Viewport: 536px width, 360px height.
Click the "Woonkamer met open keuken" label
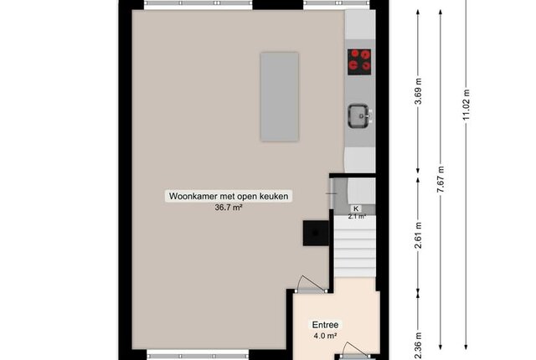click(x=229, y=197)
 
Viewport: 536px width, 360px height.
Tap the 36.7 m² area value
click(x=229, y=208)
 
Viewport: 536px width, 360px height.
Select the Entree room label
click(x=325, y=325)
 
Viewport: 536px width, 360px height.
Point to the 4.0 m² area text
click(x=325, y=336)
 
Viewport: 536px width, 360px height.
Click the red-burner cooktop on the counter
click(x=359, y=62)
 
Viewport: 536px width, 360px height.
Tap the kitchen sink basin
click(x=359, y=116)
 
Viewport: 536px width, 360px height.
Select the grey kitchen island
click(x=280, y=96)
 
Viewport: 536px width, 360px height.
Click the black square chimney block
click(x=316, y=233)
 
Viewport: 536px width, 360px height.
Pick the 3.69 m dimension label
click(x=418, y=91)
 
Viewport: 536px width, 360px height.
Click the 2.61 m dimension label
click(x=418, y=235)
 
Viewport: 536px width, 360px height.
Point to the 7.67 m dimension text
click(x=441, y=179)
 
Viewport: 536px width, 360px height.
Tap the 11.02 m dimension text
click(x=466, y=104)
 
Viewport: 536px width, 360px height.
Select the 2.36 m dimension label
click(x=418, y=346)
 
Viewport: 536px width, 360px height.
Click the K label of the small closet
click(x=356, y=208)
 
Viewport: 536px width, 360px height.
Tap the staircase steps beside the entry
click(x=355, y=247)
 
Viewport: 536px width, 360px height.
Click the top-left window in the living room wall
click(x=198, y=3)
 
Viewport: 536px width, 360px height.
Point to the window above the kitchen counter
click(x=337, y=3)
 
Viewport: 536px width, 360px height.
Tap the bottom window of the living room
click(x=198, y=356)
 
